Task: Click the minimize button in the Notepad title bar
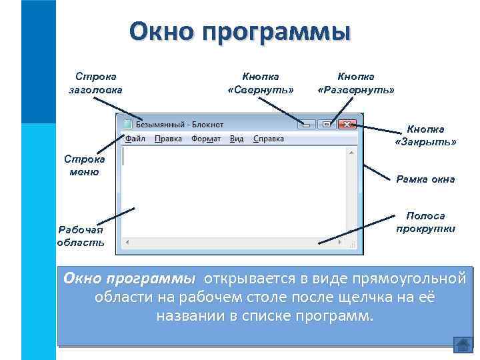pos(307,123)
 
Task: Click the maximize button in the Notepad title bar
pos(325,123)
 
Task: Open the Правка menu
pos(168,139)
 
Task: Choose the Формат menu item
pos(206,139)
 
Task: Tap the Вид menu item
pos(237,139)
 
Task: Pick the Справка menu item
pos(268,139)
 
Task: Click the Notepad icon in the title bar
pos(127,124)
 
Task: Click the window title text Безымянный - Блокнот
pos(180,124)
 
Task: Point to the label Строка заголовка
pos(96,83)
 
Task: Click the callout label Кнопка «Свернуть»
pos(260,83)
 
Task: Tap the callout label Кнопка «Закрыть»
pos(425,135)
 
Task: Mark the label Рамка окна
pos(425,179)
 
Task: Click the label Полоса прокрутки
pos(425,222)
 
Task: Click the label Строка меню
pos(84,165)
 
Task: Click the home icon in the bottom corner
pos(463,344)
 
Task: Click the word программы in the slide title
pos(287,31)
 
